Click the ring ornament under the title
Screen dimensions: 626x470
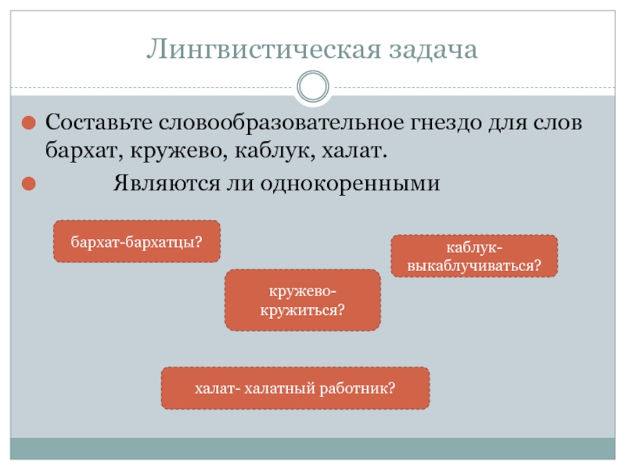314,87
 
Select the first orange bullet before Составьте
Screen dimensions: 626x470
28,124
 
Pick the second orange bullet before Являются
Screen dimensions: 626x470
28,184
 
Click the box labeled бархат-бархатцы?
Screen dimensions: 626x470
136,240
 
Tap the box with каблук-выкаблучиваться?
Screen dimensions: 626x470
474,256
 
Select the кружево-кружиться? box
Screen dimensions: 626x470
303,300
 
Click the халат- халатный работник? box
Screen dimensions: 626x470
295,388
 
